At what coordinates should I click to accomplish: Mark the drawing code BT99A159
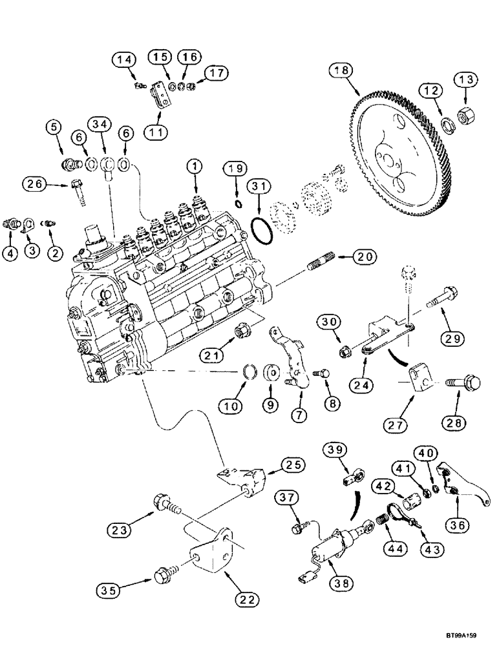point(465,636)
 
